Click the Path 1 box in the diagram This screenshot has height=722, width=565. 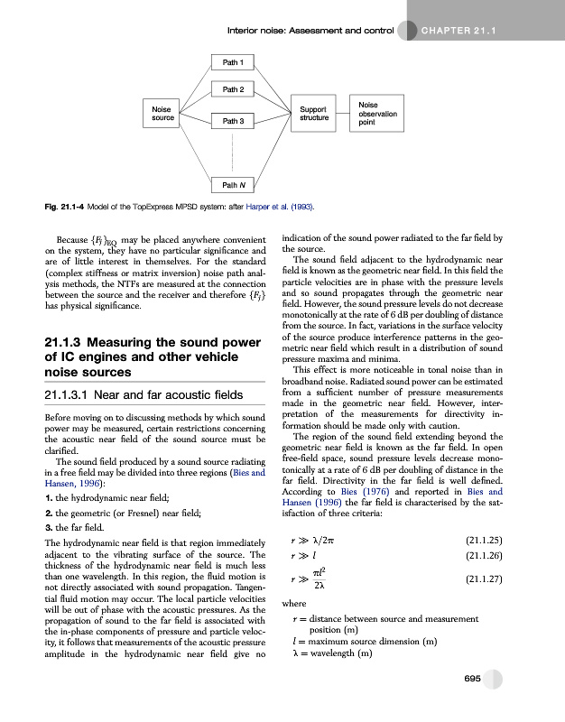coord(232,61)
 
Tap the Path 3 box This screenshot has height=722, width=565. coord(232,119)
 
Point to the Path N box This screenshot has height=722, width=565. coord(232,186)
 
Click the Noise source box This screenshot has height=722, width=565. coord(163,113)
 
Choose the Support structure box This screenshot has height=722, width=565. coord(314,113)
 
